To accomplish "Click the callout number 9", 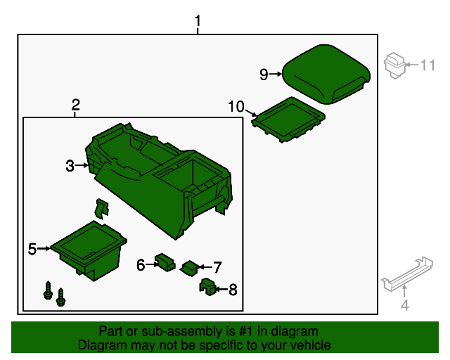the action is pos(264,75).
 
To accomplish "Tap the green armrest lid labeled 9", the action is pos(326,74).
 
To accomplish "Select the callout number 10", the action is pos(236,106).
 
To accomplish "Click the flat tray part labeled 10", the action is pos(288,120).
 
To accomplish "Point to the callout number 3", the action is pos(70,166).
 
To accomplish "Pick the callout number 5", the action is pos(32,249).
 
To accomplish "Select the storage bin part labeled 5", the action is pos(89,250).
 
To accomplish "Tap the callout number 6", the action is pos(141,264).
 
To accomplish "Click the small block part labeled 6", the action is pos(165,262).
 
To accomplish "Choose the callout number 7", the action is pos(217,267).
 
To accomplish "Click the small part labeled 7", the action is pos(190,269).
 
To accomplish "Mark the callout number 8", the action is pos(233,290).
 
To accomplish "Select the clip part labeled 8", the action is pos(207,286).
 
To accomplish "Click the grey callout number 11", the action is pos(427,65).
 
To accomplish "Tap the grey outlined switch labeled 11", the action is pos(395,65).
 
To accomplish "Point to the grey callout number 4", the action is pos(405,305).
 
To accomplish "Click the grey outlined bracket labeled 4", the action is pos(407,274).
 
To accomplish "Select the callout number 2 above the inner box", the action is pos(75,105).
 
